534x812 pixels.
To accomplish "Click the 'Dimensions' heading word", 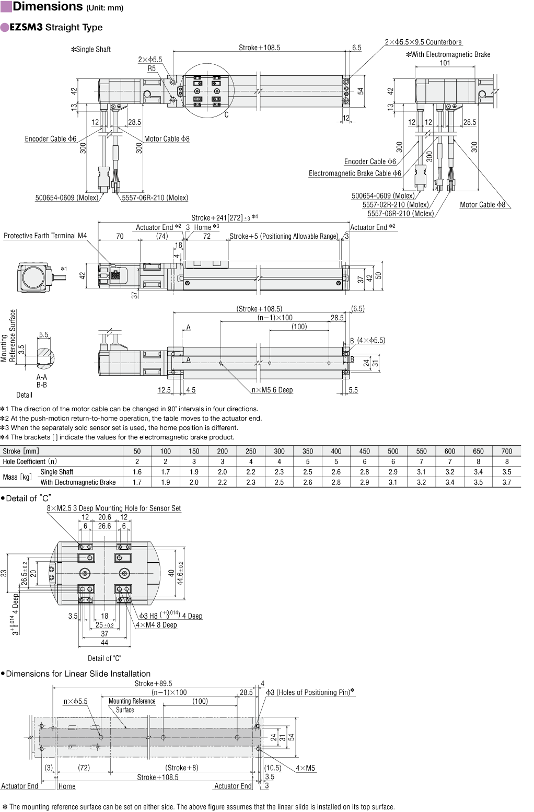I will [x=48, y=7].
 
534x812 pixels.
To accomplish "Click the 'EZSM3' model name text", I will [x=26, y=27].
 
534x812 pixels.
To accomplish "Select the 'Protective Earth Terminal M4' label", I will [x=45, y=236].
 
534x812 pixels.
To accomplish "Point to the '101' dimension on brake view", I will [x=445, y=63].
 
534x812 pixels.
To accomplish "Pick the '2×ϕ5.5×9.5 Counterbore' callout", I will [x=423, y=42].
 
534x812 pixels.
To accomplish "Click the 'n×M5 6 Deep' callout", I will [x=272, y=390].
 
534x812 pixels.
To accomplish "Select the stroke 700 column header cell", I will [x=506, y=451].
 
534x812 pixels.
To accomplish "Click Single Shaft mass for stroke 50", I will [x=137, y=472].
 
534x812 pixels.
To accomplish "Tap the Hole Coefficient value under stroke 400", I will [x=336, y=461].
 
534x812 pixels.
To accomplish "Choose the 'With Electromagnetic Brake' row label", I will [x=78, y=482].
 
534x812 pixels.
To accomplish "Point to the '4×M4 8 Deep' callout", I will [x=156, y=625].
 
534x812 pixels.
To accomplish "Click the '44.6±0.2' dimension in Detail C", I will [x=180, y=573].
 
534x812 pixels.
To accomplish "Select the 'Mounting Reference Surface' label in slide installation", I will [x=132, y=705].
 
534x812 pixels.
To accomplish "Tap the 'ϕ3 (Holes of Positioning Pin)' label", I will [x=310, y=692].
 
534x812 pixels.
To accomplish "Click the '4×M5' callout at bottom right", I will [x=306, y=768].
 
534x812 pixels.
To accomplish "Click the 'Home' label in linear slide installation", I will [x=66, y=786].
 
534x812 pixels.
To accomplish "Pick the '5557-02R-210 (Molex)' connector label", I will [x=396, y=204].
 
